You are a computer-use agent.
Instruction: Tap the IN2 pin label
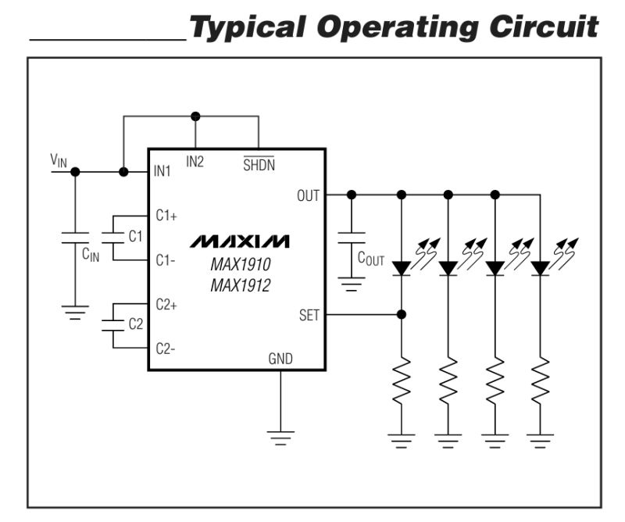click(195, 162)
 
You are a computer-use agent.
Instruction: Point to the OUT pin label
click(308, 195)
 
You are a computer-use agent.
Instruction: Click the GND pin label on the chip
click(280, 359)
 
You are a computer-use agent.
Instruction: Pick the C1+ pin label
click(166, 216)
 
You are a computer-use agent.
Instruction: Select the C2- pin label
click(165, 349)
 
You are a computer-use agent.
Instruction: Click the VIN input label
click(59, 160)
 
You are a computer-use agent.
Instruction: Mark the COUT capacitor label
click(371, 259)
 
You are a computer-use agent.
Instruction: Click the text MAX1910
click(240, 266)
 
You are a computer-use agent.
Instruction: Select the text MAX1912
click(240, 286)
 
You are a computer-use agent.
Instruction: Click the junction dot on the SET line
click(402, 315)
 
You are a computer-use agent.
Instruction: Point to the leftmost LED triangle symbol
click(402, 268)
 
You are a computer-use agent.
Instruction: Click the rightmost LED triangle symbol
click(540, 268)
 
